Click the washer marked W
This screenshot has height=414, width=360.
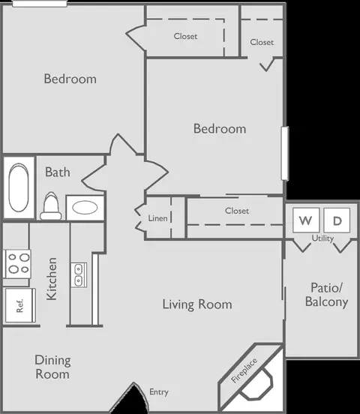[306, 220]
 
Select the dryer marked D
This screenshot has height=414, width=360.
[337, 220]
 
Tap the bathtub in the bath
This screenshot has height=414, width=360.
[19, 187]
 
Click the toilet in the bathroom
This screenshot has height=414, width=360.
[51, 206]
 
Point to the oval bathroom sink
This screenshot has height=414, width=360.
[85, 207]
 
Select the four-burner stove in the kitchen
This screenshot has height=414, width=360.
[17, 264]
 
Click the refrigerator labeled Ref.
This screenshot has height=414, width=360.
[20, 305]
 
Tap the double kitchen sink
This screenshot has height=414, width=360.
[79, 274]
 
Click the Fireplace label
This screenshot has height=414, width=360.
[244, 370]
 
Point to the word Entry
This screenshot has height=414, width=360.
[159, 392]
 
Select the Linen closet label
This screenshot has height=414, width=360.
[157, 218]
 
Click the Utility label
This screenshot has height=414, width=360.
[322, 238]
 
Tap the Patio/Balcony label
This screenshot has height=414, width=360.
[327, 295]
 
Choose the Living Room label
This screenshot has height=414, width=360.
[197, 304]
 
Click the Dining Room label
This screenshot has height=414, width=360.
[52, 367]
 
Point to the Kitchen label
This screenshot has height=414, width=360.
[52, 279]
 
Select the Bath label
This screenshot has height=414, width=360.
[58, 172]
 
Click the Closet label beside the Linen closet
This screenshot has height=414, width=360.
[237, 211]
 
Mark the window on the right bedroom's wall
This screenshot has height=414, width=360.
[285, 154]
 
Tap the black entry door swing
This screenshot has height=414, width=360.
[131, 399]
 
